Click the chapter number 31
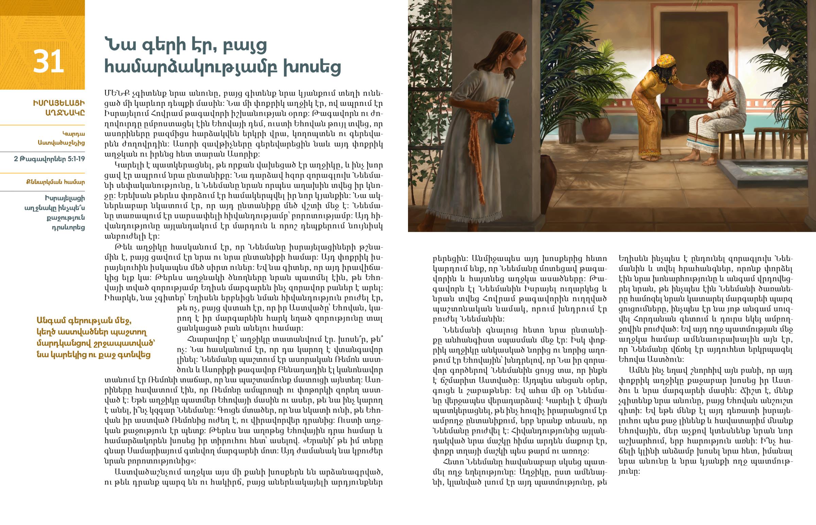48,61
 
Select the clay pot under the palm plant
596,130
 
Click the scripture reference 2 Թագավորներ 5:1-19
49,159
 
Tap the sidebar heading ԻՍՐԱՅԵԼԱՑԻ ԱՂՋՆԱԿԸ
59,108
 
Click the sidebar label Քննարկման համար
55,182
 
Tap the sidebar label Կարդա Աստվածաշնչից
61,138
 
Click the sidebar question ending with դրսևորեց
54,212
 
